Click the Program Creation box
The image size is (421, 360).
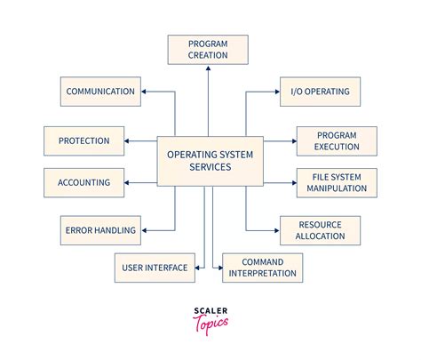point(208,49)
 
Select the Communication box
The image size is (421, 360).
point(100,91)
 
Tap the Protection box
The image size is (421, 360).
point(83,140)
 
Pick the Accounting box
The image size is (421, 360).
point(83,182)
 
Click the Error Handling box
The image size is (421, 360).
point(100,230)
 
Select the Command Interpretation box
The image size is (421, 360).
point(262,267)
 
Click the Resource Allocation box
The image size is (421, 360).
point(321,230)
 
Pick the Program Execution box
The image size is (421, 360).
point(337,140)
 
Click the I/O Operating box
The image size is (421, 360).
point(321,91)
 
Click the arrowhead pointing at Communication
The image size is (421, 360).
point(147,91)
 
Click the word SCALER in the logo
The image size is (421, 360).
point(210,312)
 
